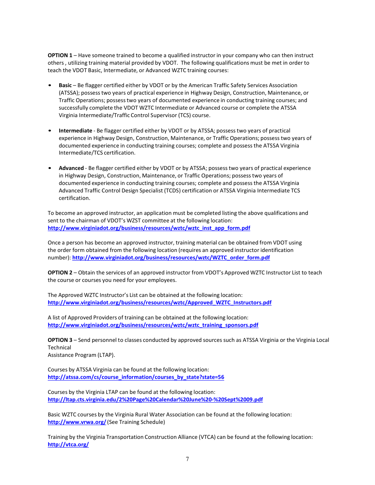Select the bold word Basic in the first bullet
65,86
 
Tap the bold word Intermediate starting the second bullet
75,131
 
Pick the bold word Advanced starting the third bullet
71,168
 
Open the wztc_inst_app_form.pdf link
149,228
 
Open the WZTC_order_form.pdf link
171,258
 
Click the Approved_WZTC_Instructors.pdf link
159,303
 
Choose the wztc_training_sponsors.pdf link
153,325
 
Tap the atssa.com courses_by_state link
136,377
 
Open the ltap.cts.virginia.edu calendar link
155,400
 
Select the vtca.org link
68,445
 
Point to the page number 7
187,459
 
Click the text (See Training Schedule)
136,422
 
